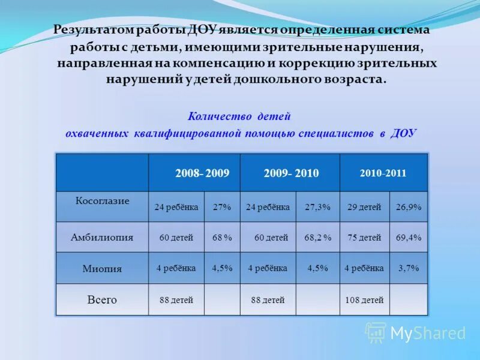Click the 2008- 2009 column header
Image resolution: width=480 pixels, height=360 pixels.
tap(202, 173)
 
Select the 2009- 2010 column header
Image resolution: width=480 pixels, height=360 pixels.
tap(291, 173)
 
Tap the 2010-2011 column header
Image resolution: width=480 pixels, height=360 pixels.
tap(383, 173)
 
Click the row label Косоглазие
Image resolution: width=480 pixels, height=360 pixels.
tap(102, 201)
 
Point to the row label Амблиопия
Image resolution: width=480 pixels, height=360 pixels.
tap(102, 237)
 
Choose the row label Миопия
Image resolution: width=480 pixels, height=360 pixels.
tap(102, 269)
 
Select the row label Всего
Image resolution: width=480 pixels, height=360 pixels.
tap(102, 299)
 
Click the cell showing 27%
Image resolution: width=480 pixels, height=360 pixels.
tap(222, 207)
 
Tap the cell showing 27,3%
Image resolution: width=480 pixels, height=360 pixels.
tap(317, 207)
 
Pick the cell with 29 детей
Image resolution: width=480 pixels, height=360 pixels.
tap(364, 207)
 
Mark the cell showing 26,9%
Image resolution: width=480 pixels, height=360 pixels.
tap(409, 207)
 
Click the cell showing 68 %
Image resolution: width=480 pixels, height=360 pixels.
tap(222, 238)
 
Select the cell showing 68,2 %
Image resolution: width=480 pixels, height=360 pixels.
tap(317, 238)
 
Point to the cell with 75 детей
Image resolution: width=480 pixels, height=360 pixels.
tap(364, 238)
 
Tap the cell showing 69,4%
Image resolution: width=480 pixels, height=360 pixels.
tap(409, 238)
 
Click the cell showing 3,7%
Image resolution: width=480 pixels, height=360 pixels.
tap(409, 268)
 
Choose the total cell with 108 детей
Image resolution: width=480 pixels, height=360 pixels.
tap(364, 300)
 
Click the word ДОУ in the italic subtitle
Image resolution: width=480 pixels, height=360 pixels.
tap(403, 133)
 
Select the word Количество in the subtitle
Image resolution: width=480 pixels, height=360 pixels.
tap(220, 116)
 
